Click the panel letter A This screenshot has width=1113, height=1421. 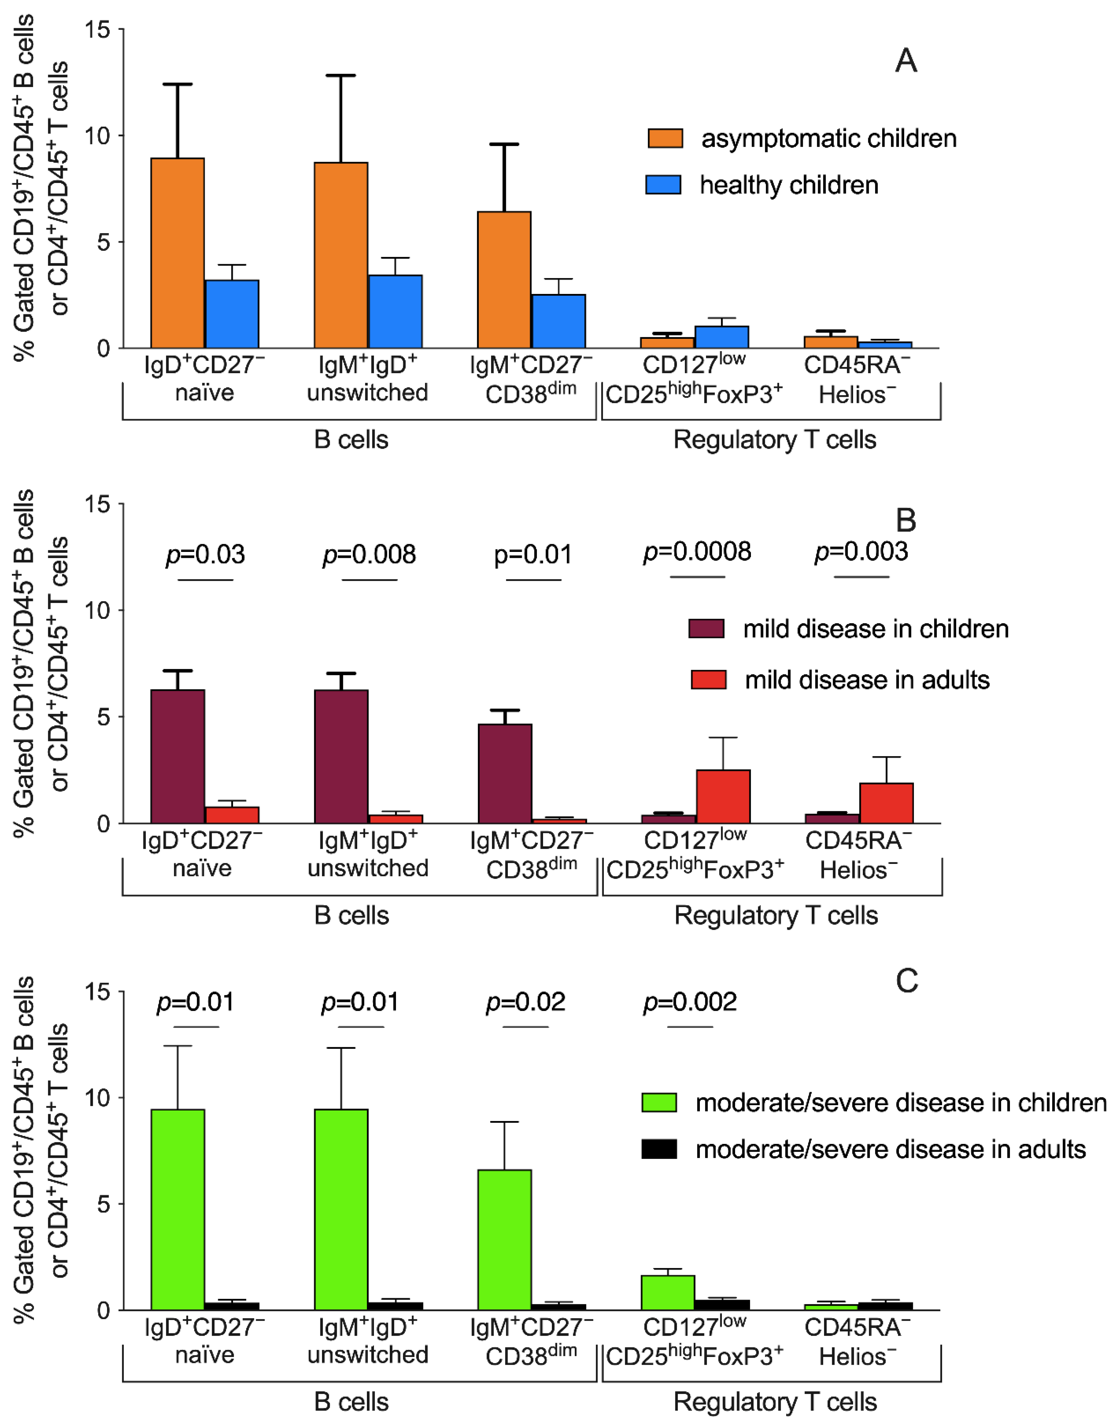point(906,61)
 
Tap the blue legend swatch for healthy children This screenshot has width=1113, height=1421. point(663,185)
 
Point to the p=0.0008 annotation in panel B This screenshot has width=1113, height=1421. point(697,552)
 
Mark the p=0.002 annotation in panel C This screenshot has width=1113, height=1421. point(690,1002)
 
